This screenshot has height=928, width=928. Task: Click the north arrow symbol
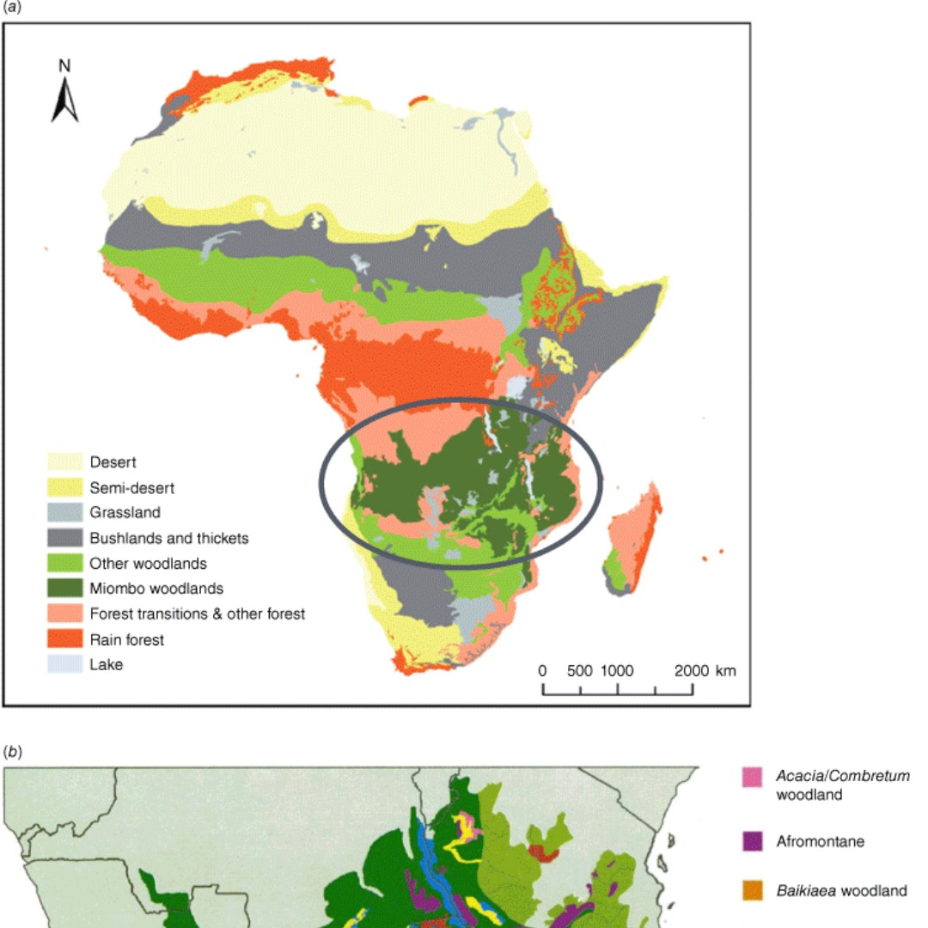[x=64, y=99]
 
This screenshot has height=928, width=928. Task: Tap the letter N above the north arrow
[x=64, y=65]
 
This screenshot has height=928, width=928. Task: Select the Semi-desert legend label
[x=131, y=488]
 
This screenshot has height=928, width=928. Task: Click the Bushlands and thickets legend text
[x=168, y=539]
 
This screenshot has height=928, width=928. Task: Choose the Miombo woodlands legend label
[x=156, y=589]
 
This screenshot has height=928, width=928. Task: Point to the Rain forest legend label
[x=126, y=639]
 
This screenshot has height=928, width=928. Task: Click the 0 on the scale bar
[x=542, y=671]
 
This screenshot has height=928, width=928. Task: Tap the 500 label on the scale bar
[x=580, y=671]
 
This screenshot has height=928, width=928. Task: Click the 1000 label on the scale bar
[x=617, y=671]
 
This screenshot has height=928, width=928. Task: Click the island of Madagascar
[x=636, y=537]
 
